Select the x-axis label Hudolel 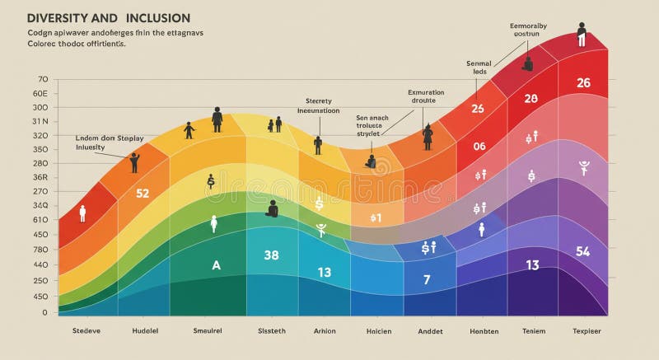(145, 331)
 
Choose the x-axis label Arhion (324, 331)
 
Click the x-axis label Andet (430, 331)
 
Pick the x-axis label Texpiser (587, 331)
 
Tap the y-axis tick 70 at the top (43, 79)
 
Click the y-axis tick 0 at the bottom (45, 312)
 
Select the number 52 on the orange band (143, 194)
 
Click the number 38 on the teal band (272, 255)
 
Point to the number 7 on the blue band (427, 279)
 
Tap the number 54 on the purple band (582, 251)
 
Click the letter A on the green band (217, 265)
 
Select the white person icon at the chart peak (582, 35)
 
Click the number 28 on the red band (530, 99)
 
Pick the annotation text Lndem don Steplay (109, 138)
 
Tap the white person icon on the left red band (82, 213)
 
